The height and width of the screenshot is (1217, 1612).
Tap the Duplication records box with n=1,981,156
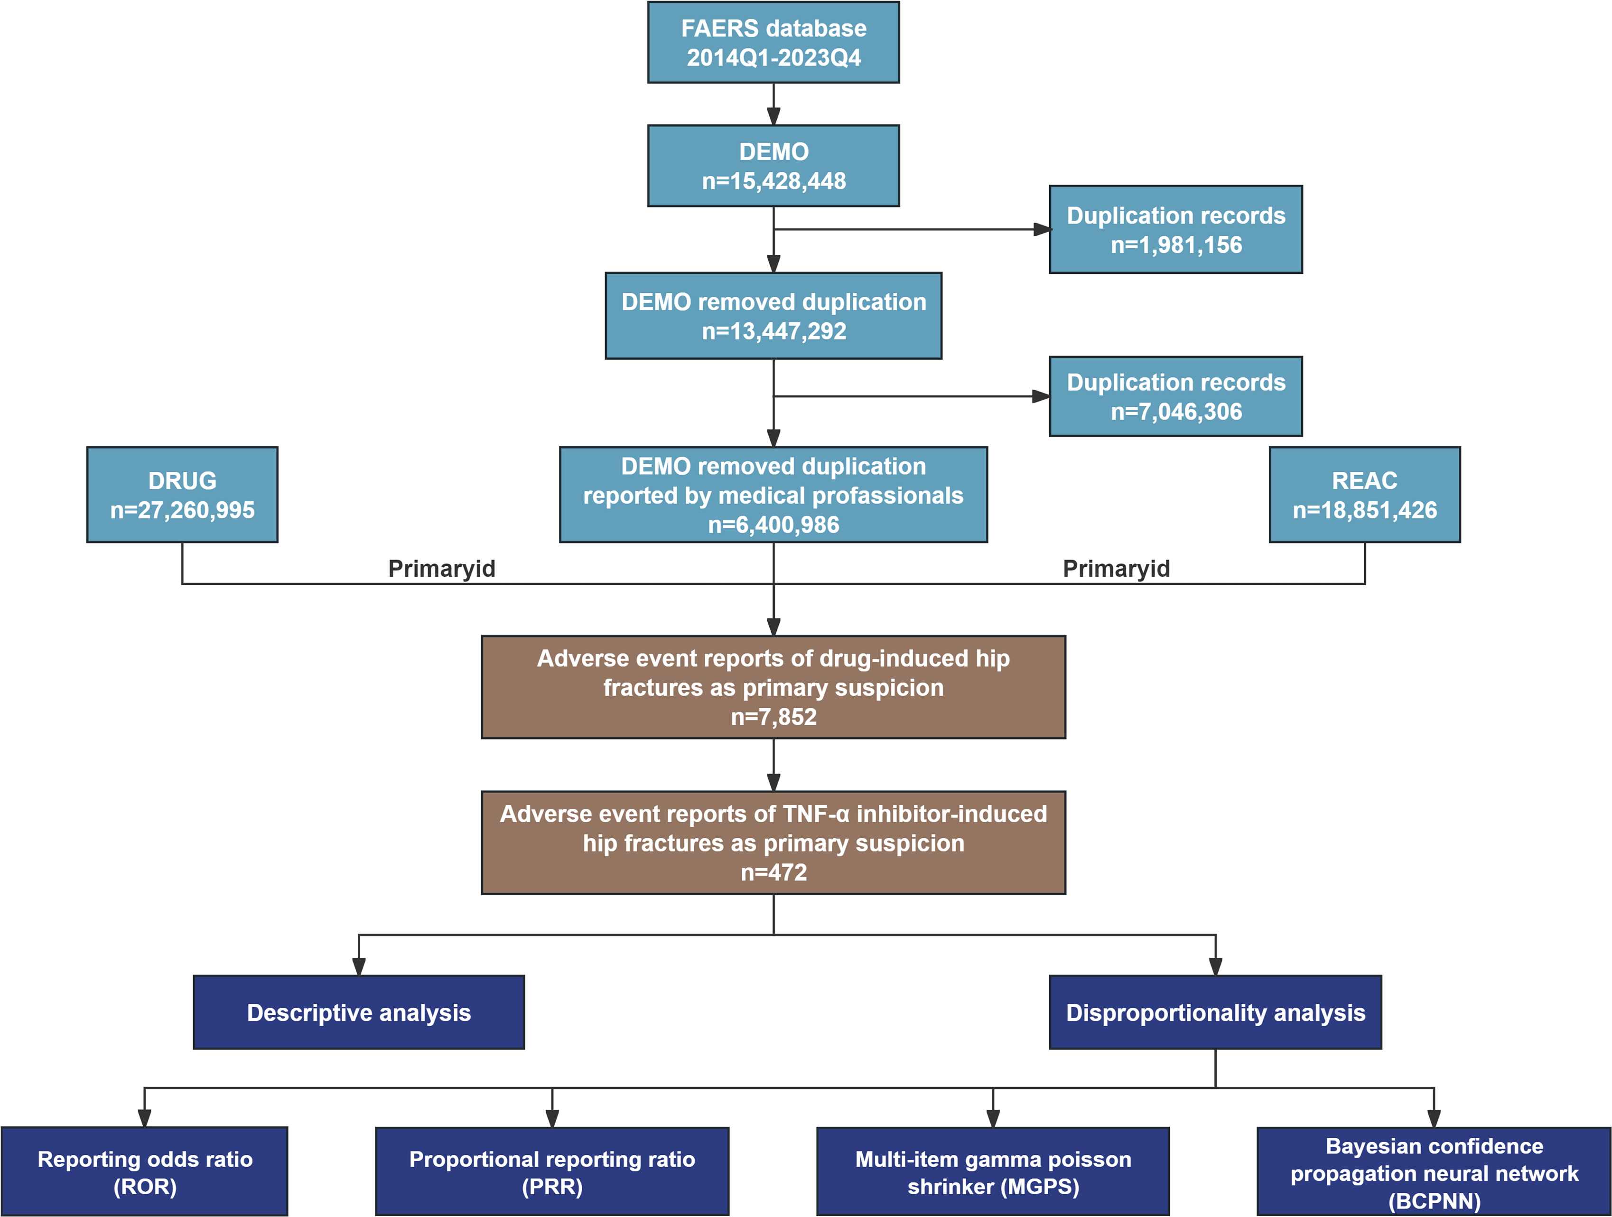click(1175, 230)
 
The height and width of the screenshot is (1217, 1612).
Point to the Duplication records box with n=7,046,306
click(1175, 396)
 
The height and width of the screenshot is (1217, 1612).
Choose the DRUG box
click(182, 495)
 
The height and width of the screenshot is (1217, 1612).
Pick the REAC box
click(1364, 495)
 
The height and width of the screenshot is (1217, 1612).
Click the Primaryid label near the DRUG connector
click(442, 569)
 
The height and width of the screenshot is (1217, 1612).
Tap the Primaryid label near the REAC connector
click(1117, 569)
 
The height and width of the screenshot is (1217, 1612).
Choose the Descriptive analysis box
click(359, 1012)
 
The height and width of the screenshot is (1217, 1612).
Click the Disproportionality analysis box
click(1216, 1012)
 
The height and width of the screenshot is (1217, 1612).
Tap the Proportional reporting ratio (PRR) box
click(552, 1171)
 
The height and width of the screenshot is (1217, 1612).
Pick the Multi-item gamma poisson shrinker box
click(993, 1171)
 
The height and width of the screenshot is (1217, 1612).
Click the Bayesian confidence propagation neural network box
click(1434, 1171)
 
